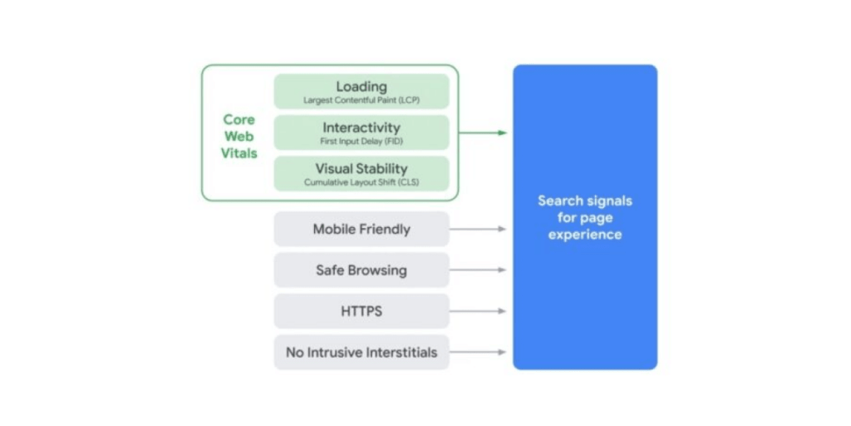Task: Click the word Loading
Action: [362, 87]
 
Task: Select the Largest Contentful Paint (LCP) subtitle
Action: [362, 101]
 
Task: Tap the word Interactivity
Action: [362, 127]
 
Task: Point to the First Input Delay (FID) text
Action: [362, 141]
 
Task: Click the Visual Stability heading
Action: [362, 169]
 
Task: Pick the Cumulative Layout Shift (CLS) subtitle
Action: [362, 182]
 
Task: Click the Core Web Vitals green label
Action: [239, 136]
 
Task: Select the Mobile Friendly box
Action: [362, 229]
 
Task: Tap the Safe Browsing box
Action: [362, 270]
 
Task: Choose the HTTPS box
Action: [362, 311]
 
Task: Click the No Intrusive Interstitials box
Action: [362, 352]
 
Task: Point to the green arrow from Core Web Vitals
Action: [483, 132]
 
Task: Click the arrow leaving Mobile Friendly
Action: [478, 229]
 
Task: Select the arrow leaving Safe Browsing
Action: [478, 270]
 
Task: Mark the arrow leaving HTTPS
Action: [478, 311]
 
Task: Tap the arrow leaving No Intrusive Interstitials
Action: [478, 352]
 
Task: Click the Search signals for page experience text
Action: [585, 218]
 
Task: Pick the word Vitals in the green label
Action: [239, 153]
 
